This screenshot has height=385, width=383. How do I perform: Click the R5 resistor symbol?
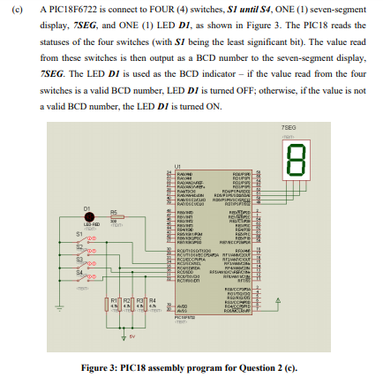(x=114, y=217)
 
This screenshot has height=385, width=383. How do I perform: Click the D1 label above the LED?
(x=86, y=208)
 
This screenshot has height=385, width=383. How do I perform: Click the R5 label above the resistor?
(x=113, y=210)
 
